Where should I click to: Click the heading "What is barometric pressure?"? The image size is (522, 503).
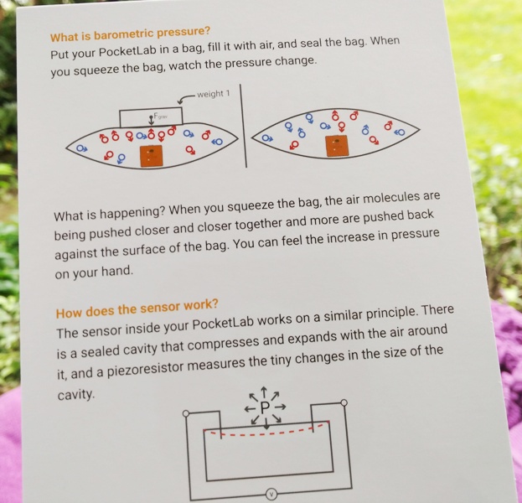click(x=130, y=34)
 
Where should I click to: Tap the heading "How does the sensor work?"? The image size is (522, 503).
click(x=137, y=309)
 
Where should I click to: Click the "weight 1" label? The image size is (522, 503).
click(x=214, y=94)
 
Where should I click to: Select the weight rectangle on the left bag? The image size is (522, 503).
click(x=151, y=117)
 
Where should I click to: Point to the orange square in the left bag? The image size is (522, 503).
click(x=152, y=156)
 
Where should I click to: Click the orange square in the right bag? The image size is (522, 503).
click(x=337, y=146)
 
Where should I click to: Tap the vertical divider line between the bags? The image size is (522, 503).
click(x=243, y=126)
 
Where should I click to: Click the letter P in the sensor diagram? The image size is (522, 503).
click(x=265, y=407)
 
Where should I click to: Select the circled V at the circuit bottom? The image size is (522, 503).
click(x=271, y=493)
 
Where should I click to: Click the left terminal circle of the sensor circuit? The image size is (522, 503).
click(x=186, y=414)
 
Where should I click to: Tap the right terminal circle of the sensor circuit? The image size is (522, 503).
click(x=344, y=403)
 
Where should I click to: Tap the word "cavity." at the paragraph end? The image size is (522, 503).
click(x=76, y=395)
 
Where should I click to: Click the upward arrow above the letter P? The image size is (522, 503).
click(x=264, y=392)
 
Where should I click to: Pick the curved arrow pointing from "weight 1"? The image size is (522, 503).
click(x=186, y=98)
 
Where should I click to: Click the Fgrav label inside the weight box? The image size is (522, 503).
click(x=161, y=117)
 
